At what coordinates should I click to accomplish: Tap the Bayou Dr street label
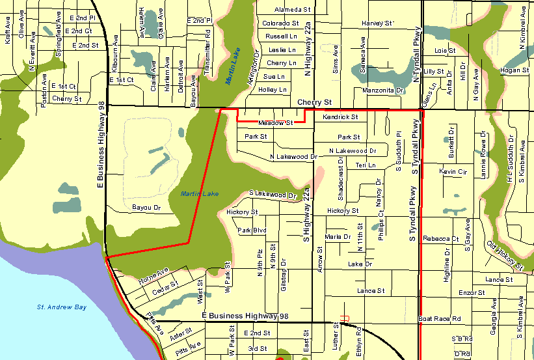tap(146, 208)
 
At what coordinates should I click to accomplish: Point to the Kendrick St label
tap(340, 117)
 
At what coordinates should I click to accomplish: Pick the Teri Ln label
tap(366, 165)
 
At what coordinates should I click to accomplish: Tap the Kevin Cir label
tap(453, 171)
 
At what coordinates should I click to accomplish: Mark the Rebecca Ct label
tap(440, 239)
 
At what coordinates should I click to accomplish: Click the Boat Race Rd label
tap(439, 319)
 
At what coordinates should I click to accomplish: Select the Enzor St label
tap(472, 294)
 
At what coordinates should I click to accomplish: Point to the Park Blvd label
tap(252, 230)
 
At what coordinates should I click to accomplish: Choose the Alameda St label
tap(293, 10)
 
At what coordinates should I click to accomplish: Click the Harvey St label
tap(377, 23)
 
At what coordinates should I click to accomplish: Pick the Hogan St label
tap(515, 70)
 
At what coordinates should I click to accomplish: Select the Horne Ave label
tap(153, 275)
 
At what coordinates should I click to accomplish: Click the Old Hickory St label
tap(505, 256)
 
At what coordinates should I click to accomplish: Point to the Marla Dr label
tap(338, 237)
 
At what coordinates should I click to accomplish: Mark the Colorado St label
tap(280, 23)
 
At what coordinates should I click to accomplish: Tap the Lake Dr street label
tap(359, 264)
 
